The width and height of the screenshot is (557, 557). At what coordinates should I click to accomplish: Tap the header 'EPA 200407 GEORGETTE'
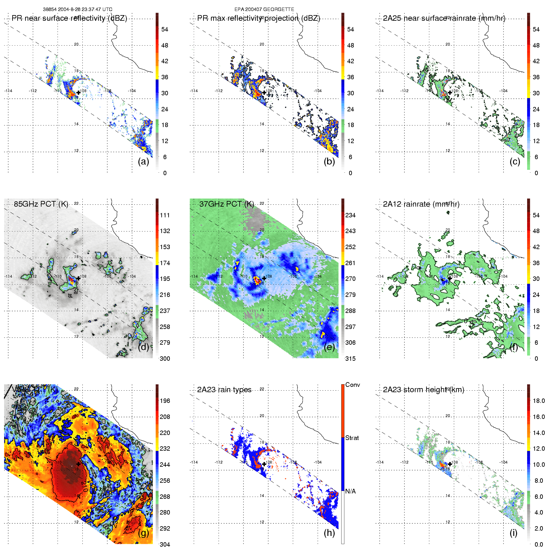coord(264,9)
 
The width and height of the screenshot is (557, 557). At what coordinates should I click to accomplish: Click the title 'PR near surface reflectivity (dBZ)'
coord(69,18)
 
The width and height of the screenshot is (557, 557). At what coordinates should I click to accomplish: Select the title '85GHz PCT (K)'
coord(41,204)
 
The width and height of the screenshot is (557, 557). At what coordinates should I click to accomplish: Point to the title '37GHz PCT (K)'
coord(226,204)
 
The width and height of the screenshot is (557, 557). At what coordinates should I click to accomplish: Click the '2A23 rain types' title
coord(224,390)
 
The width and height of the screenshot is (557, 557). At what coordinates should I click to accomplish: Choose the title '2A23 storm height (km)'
coord(423,390)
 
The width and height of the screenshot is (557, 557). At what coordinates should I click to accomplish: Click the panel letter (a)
coord(143,162)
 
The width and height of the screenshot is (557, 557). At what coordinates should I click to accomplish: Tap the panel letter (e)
coord(329,347)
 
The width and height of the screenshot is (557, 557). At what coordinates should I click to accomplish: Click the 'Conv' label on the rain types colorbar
coord(353,385)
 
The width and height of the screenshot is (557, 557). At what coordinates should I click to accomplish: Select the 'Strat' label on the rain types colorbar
coord(352,438)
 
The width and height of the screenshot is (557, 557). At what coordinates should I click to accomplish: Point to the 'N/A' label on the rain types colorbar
coord(350,491)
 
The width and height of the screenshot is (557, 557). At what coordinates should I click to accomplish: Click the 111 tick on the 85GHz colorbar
coord(165,215)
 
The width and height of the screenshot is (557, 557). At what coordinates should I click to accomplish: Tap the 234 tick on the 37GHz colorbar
coord(350,215)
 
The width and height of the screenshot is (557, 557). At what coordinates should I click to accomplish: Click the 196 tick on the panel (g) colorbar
coord(165,401)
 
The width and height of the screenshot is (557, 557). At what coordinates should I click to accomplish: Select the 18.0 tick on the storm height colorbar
coord(539,401)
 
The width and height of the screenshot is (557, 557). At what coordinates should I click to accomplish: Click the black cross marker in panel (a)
coord(78,92)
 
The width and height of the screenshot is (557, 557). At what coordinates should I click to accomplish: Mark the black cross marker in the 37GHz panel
coord(264,278)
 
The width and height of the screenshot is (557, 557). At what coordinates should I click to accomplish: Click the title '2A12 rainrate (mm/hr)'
coord(421,204)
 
